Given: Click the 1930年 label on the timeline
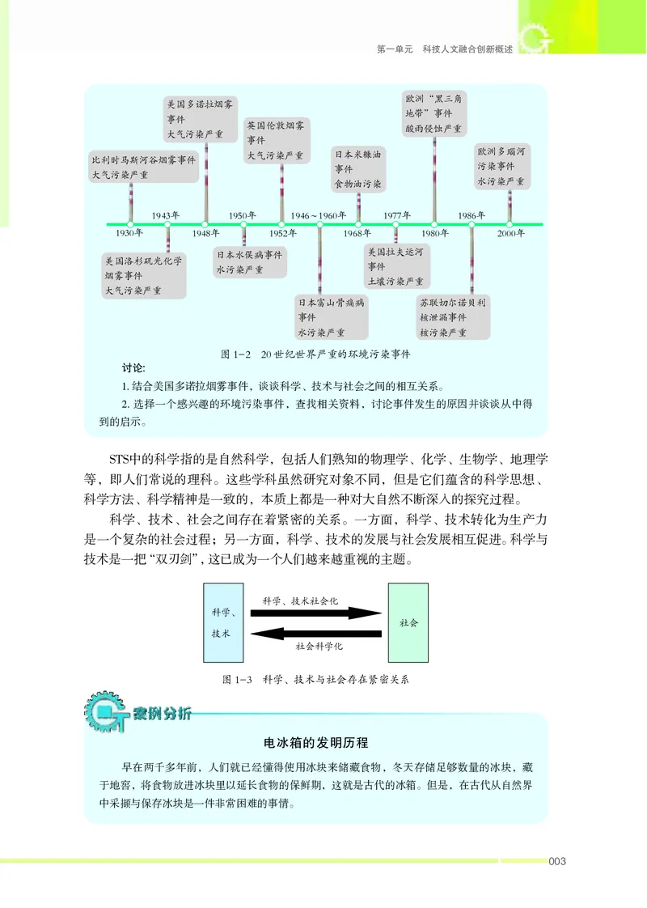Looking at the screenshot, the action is pos(129,233).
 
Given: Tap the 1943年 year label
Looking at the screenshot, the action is pos(165,215).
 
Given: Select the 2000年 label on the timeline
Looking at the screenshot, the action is pos(510,233).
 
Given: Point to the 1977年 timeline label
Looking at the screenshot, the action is pos(397,215).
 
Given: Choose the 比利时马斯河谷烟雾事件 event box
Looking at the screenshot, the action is pos(144,167).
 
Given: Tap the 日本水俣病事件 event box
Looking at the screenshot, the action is pos(250,261).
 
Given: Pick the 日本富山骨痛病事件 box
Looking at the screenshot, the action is pos(331,317).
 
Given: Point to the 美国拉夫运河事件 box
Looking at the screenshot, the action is pos(395,266).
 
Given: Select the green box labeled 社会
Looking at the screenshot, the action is pos(408,624).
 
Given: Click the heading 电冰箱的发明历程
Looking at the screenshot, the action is pos(316,743).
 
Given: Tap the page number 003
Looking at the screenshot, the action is pos(557,861).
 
